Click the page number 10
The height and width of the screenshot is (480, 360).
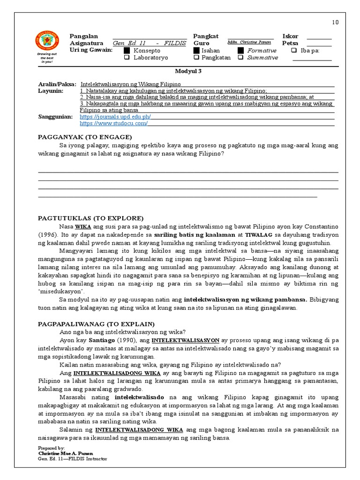335,22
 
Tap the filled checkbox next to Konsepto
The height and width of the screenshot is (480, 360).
127,51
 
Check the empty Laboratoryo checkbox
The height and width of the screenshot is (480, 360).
127,58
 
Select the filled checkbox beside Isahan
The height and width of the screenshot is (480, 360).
196,51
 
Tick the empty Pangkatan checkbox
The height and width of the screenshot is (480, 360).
196,58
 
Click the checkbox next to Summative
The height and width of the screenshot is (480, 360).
240,58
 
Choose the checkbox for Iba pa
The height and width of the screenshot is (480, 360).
294,51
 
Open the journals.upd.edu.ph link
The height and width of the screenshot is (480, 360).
115,117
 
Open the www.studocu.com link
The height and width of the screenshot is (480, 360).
113,123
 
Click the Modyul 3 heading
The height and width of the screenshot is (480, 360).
187,71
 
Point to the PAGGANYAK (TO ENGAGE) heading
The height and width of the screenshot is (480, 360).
85,137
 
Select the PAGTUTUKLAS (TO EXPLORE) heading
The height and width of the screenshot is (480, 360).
90,218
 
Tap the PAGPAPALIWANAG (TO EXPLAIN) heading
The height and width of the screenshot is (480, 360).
96,324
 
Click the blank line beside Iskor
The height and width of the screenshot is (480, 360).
319,37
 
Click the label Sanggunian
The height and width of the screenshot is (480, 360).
55,117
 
